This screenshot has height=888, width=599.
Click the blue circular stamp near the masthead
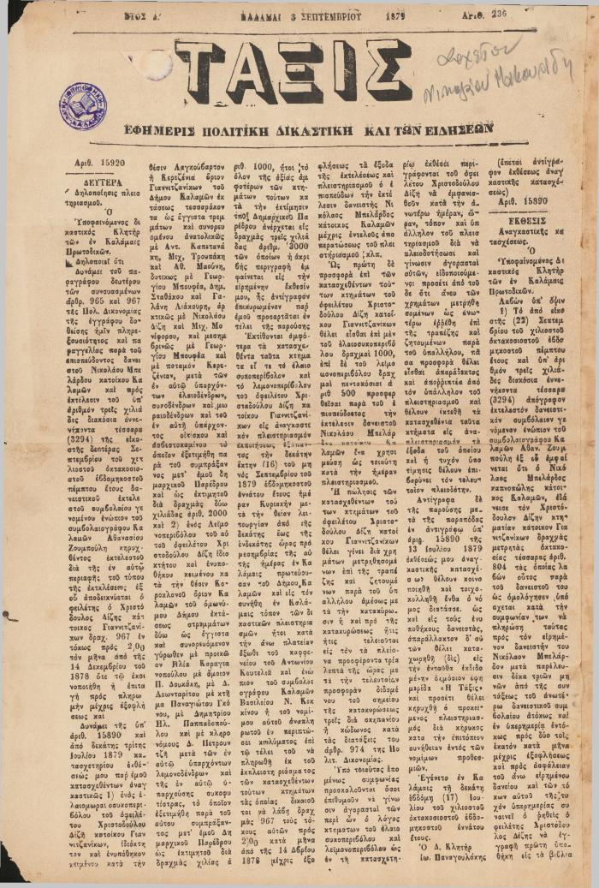click(83, 107)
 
